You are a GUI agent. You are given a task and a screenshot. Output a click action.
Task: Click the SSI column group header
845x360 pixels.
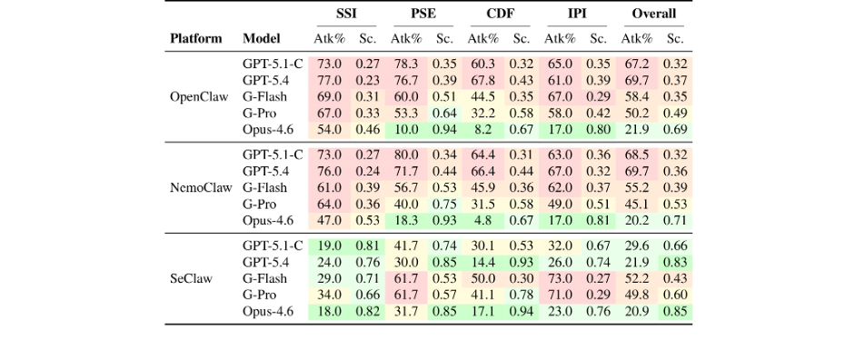(346, 14)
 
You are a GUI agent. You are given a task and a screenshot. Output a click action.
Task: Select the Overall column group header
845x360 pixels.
(653, 14)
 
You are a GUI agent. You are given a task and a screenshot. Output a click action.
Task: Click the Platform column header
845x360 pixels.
(195, 38)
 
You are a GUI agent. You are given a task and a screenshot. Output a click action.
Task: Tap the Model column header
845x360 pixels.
(262, 38)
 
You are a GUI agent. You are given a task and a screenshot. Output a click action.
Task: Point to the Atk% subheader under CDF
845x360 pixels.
(482, 38)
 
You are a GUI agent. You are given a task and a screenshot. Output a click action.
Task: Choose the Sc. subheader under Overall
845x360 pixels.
(675, 38)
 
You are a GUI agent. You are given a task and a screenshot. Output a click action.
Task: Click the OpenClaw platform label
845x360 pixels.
(199, 97)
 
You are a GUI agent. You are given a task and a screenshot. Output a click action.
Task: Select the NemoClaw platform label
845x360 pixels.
(201, 187)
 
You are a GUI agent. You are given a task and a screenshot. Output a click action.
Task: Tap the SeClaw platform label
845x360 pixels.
(191, 278)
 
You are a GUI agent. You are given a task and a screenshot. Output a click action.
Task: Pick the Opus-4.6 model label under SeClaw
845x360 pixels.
(268, 312)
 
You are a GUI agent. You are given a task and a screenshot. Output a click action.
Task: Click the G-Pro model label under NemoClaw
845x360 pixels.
(259, 205)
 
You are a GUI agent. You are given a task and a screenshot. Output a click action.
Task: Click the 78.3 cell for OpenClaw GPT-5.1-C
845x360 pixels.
(406, 65)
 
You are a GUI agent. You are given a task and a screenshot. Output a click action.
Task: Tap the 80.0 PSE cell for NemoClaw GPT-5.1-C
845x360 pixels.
(406, 155)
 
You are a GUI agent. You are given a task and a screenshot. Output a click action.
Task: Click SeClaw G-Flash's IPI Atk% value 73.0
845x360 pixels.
(560, 278)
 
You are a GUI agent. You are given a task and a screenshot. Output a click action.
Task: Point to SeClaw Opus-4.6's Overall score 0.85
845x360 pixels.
(675, 312)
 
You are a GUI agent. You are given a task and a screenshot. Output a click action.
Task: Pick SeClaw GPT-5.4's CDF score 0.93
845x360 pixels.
(522, 262)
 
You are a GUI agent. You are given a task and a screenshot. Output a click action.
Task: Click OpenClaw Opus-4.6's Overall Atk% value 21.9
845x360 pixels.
(636, 130)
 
